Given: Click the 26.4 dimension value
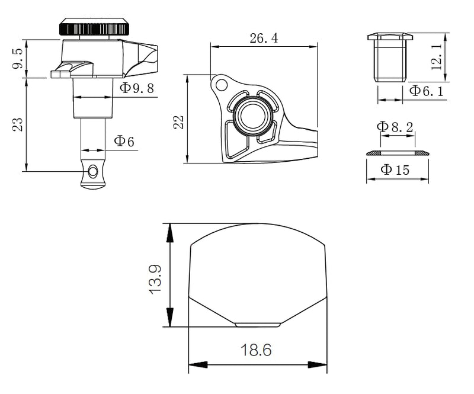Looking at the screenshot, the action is [x=264, y=39].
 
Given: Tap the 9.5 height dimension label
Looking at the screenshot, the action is [x=18, y=59].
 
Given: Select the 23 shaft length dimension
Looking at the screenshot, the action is [x=18, y=124].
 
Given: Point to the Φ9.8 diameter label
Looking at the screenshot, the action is [x=137, y=88].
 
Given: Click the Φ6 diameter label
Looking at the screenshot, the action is [x=124, y=141].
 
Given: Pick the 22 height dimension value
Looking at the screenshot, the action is [x=178, y=122].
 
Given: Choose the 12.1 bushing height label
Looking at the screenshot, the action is [x=437, y=57].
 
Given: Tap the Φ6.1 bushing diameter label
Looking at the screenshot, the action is [x=426, y=91].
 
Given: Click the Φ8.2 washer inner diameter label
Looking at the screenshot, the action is [x=395, y=127].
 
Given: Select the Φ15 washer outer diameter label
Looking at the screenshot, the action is [x=395, y=169].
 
